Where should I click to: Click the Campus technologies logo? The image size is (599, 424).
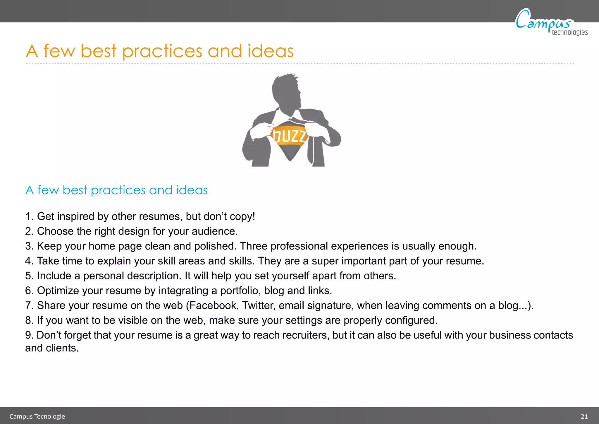550,22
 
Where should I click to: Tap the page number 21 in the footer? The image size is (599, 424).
584,416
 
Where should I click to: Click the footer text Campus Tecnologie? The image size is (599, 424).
37,416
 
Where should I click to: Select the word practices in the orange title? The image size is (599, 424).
162,52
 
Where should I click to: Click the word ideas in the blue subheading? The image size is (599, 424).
192,190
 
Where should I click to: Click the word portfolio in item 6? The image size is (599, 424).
240,291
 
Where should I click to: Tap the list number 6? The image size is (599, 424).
28,291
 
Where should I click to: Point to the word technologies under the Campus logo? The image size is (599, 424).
569,32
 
